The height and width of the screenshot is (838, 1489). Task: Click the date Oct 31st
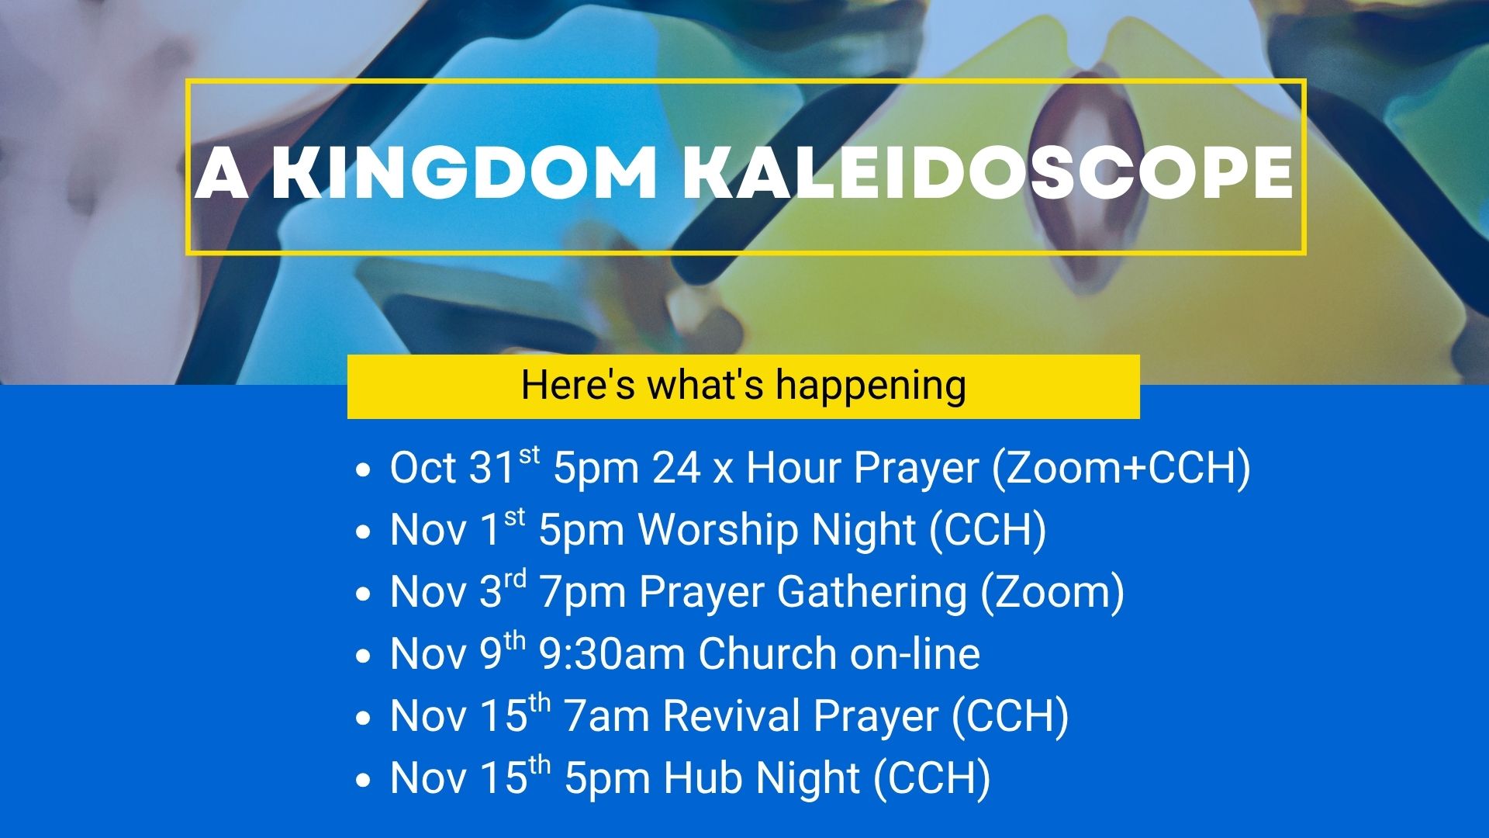pyautogui.click(x=465, y=466)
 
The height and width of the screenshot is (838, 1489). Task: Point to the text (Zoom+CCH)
pyautogui.click(x=1121, y=468)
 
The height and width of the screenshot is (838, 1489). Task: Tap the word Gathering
pyautogui.click(x=872, y=592)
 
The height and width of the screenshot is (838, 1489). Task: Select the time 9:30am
pyautogui.click(x=612, y=653)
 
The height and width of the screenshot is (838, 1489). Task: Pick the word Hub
pyautogui.click(x=703, y=777)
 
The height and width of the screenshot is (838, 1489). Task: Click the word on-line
pyautogui.click(x=915, y=653)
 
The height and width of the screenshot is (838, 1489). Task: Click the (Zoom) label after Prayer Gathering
pyautogui.click(x=1052, y=592)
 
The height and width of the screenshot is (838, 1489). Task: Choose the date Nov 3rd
pyautogui.click(x=458, y=590)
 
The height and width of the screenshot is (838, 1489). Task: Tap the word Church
pyautogui.click(x=768, y=653)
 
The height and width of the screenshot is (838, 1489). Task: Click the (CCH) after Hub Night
pyautogui.click(x=932, y=778)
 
